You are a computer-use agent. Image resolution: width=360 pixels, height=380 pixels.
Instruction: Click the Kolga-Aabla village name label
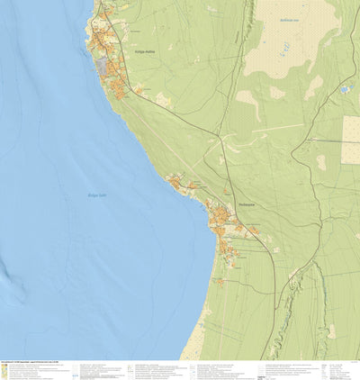145,51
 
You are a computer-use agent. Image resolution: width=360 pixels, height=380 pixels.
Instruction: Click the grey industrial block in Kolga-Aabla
105,68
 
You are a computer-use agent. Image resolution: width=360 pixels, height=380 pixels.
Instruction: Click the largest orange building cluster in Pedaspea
220,219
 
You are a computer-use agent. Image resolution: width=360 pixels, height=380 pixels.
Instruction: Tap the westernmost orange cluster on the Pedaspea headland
174,182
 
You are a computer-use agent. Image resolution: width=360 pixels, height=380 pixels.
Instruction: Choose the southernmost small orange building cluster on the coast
220,282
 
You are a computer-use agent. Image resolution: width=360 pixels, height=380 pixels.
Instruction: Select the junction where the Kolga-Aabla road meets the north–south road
220,137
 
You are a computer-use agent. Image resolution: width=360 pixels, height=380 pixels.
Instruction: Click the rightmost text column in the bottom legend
338,369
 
